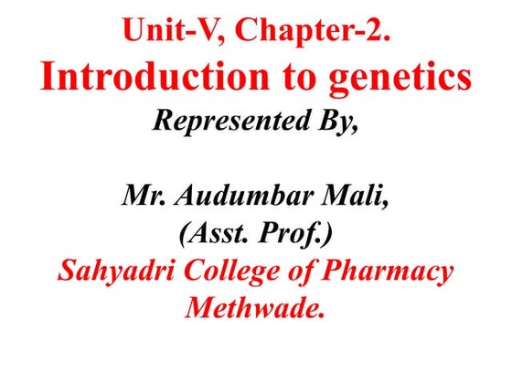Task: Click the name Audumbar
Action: [x=244, y=195]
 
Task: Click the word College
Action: [x=230, y=272]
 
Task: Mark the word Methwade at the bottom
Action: [x=256, y=309]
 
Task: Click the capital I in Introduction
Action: [x=48, y=79]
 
